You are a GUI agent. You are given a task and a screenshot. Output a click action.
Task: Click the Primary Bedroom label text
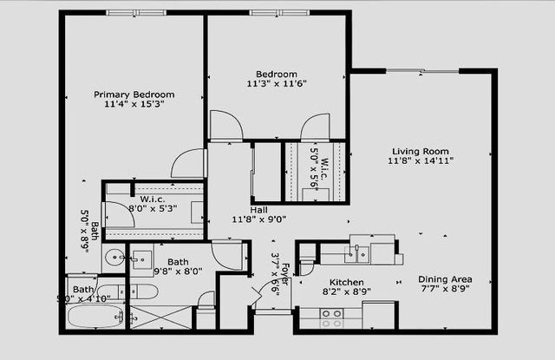pos(134,95)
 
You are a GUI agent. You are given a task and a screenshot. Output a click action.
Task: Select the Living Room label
pos(422,149)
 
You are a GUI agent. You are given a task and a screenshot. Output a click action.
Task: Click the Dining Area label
pos(445,279)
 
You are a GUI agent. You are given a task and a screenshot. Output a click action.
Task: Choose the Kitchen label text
pos(346,283)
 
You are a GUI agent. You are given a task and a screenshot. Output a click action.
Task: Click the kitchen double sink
pos(357,254)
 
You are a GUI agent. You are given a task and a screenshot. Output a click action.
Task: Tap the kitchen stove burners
pos(331,318)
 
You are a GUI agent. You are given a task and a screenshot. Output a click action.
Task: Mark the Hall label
pos(259,210)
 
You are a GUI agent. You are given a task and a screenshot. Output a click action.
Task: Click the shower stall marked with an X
pos(159,315)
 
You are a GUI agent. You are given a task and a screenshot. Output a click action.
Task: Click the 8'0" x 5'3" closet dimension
pos(153,208)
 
